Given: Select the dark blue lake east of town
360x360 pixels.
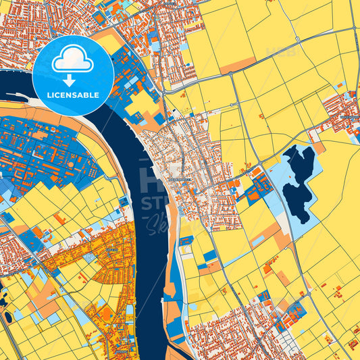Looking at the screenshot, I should point(298,182).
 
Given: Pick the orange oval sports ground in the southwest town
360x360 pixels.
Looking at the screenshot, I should point(107,313).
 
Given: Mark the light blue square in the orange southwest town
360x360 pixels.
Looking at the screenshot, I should point(88,257).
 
